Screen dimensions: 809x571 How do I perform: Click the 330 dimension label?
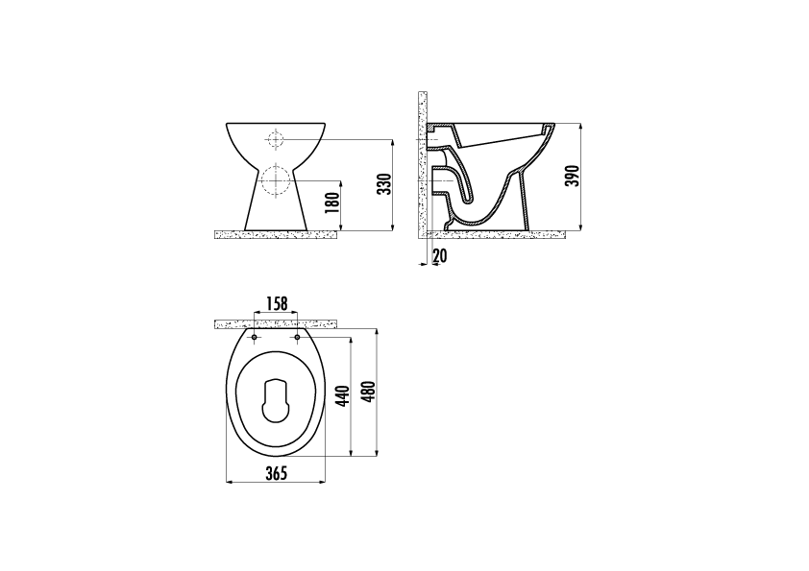(x=384, y=184)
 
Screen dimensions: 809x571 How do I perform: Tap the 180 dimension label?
(x=333, y=203)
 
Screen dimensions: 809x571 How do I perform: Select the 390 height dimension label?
(x=574, y=177)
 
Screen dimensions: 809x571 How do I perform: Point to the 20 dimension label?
(x=440, y=255)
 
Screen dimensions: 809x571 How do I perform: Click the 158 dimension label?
(x=276, y=303)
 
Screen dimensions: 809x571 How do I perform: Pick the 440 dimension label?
(x=344, y=396)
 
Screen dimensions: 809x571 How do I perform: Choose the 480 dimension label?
(x=370, y=393)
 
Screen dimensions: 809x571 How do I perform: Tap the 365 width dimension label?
(x=276, y=473)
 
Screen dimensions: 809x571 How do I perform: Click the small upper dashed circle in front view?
(x=275, y=139)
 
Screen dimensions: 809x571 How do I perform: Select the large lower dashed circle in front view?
(x=277, y=180)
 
